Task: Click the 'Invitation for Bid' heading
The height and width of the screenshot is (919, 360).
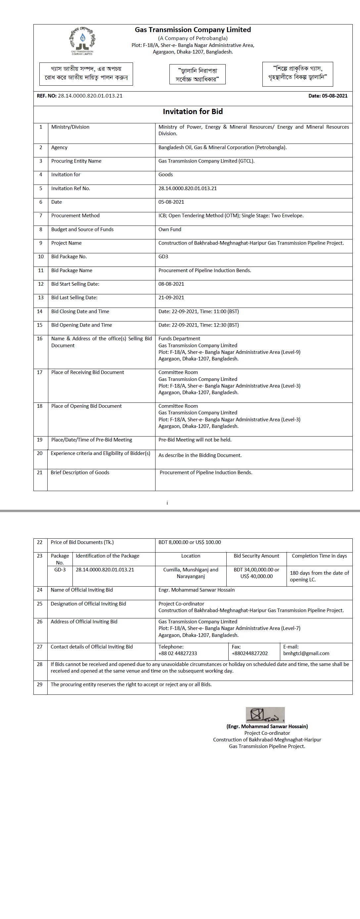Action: (193, 112)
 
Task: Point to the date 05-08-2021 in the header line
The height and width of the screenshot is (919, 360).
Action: (334, 96)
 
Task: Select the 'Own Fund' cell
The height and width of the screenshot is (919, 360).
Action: (170, 230)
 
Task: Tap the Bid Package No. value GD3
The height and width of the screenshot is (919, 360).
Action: (163, 257)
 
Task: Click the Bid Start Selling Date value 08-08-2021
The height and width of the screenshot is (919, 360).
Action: (171, 284)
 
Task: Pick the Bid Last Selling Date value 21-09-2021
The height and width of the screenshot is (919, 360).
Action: (171, 298)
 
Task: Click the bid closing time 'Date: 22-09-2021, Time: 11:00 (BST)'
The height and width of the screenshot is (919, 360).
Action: (199, 312)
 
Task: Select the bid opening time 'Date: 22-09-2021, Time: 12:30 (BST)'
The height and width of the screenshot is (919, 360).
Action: (199, 325)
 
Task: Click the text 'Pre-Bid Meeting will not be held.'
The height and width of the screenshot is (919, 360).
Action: (195, 440)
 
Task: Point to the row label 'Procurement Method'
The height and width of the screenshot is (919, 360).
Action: (75, 216)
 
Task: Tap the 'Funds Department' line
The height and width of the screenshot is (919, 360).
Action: (179, 339)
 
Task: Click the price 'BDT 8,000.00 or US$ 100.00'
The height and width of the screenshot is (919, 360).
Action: (190, 542)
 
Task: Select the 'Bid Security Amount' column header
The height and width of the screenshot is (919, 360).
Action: (256, 556)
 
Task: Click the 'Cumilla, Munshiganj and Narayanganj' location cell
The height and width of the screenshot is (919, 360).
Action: (191, 573)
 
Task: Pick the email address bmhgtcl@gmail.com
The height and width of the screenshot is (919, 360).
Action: (306, 653)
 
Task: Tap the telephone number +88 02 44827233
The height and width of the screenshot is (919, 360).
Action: (178, 653)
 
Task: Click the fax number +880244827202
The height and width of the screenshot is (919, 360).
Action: (249, 653)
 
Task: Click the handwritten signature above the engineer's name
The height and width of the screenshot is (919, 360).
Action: (265, 715)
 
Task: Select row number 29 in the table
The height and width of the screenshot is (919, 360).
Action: (40, 684)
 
